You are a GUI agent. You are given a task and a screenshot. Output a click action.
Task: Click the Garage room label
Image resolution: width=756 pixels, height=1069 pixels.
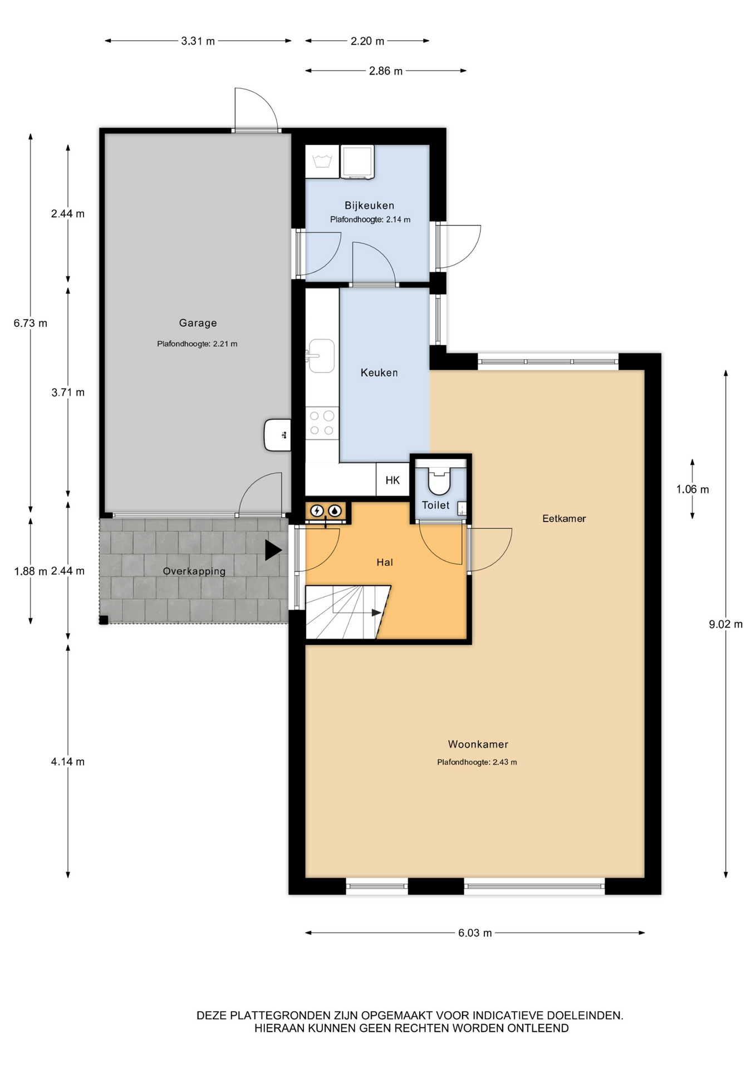[198, 323]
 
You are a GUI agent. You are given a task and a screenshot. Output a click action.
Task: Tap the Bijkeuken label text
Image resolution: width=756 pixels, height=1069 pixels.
[369, 205]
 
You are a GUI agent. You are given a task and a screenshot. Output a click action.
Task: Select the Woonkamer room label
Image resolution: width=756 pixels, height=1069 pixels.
[478, 744]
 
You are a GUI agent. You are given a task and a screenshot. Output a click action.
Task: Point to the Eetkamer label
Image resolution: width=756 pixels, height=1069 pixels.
[564, 518]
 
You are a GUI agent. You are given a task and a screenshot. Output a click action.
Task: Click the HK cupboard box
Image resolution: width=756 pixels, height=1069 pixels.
[392, 480]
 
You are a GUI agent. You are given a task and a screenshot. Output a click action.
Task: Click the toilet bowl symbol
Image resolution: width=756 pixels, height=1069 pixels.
[439, 480]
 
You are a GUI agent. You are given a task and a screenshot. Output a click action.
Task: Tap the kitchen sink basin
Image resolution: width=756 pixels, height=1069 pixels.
[321, 356]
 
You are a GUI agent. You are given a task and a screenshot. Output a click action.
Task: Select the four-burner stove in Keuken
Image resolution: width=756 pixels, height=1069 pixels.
[322, 423]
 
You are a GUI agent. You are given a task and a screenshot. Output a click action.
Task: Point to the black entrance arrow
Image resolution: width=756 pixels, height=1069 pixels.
[273, 550]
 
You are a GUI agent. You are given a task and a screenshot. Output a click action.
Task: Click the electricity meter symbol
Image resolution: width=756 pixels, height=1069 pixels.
[317, 510]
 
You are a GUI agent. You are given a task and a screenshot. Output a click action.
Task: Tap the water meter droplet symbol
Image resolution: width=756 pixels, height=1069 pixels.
[335, 510]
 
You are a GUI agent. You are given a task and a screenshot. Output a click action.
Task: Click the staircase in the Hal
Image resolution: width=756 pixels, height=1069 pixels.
[347, 612]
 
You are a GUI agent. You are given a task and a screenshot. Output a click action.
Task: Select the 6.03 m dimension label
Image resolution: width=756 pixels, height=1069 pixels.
[475, 933]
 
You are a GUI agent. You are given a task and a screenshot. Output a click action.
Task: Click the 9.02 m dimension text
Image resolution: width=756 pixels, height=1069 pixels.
[725, 624]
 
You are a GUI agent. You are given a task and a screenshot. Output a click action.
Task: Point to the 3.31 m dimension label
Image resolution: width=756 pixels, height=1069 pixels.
[198, 41]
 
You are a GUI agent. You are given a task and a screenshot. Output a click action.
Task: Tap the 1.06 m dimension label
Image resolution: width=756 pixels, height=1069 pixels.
[693, 489]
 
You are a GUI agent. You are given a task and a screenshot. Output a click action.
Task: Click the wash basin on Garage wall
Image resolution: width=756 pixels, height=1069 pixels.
[277, 435]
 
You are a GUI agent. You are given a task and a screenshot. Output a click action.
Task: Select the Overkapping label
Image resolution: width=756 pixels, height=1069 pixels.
[194, 571]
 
